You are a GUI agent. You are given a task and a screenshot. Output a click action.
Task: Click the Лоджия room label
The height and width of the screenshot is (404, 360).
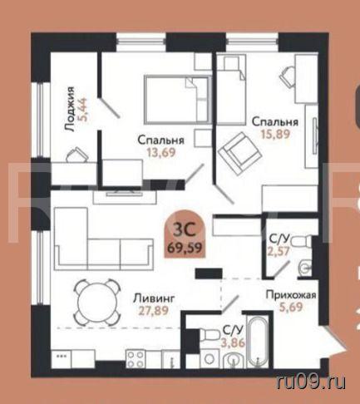[69, 109]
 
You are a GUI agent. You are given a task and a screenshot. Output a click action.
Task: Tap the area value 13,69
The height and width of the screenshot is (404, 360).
[161, 152]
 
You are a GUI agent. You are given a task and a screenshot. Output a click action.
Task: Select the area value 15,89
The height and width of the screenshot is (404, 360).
[275, 134]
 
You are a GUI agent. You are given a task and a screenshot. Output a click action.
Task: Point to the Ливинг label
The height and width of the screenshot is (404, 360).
[154, 298]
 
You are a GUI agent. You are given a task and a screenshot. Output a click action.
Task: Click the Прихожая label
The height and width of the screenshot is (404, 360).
[291, 295]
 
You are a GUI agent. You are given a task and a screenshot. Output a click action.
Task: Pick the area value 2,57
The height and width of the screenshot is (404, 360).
[279, 251]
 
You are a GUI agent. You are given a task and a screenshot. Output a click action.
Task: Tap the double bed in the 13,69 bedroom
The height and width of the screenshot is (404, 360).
[177, 99]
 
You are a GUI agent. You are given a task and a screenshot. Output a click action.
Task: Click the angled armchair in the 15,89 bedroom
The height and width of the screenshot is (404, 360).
[239, 153]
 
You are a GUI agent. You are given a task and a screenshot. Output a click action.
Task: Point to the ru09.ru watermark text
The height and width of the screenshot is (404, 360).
[311, 382]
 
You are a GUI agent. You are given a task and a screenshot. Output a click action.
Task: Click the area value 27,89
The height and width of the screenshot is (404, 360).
[154, 310]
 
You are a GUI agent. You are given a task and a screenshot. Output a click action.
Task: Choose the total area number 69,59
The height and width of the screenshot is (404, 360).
[185, 248]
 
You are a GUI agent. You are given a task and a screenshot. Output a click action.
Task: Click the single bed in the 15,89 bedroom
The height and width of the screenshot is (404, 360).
[231, 89]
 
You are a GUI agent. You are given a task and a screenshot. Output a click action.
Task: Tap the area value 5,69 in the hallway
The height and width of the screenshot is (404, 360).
[291, 307]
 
